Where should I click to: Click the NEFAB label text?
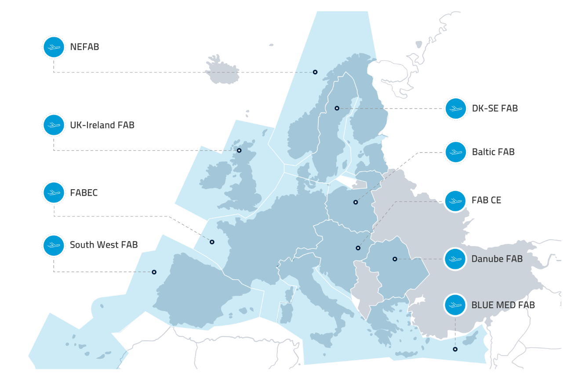(x=84, y=47)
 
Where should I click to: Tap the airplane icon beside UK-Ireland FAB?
(x=54, y=125)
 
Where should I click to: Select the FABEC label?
(x=84, y=193)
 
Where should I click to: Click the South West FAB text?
(x=104, y=245)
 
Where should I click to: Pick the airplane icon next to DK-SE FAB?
(x=455, y=108)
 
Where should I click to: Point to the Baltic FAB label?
(x=493, y=152)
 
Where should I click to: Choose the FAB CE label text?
(x=486, y=201)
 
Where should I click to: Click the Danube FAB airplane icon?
(x=455, y=259)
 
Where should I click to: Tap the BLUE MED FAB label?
(x=503, y=305)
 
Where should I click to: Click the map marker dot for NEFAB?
(x=315, y=72)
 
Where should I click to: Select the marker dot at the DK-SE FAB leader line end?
(x=337, y=108)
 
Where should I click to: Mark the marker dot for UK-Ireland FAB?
(x=239, y=151)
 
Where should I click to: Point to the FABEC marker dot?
(x=212, y=242)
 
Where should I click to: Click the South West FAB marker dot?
(x=154, y=272)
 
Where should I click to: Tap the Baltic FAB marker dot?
(x=356, y=202)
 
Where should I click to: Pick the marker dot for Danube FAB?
(x=395, y=259)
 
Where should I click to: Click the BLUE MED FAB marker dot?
(x=455, y=349)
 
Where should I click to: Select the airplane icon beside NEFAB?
(x=54, y=47)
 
